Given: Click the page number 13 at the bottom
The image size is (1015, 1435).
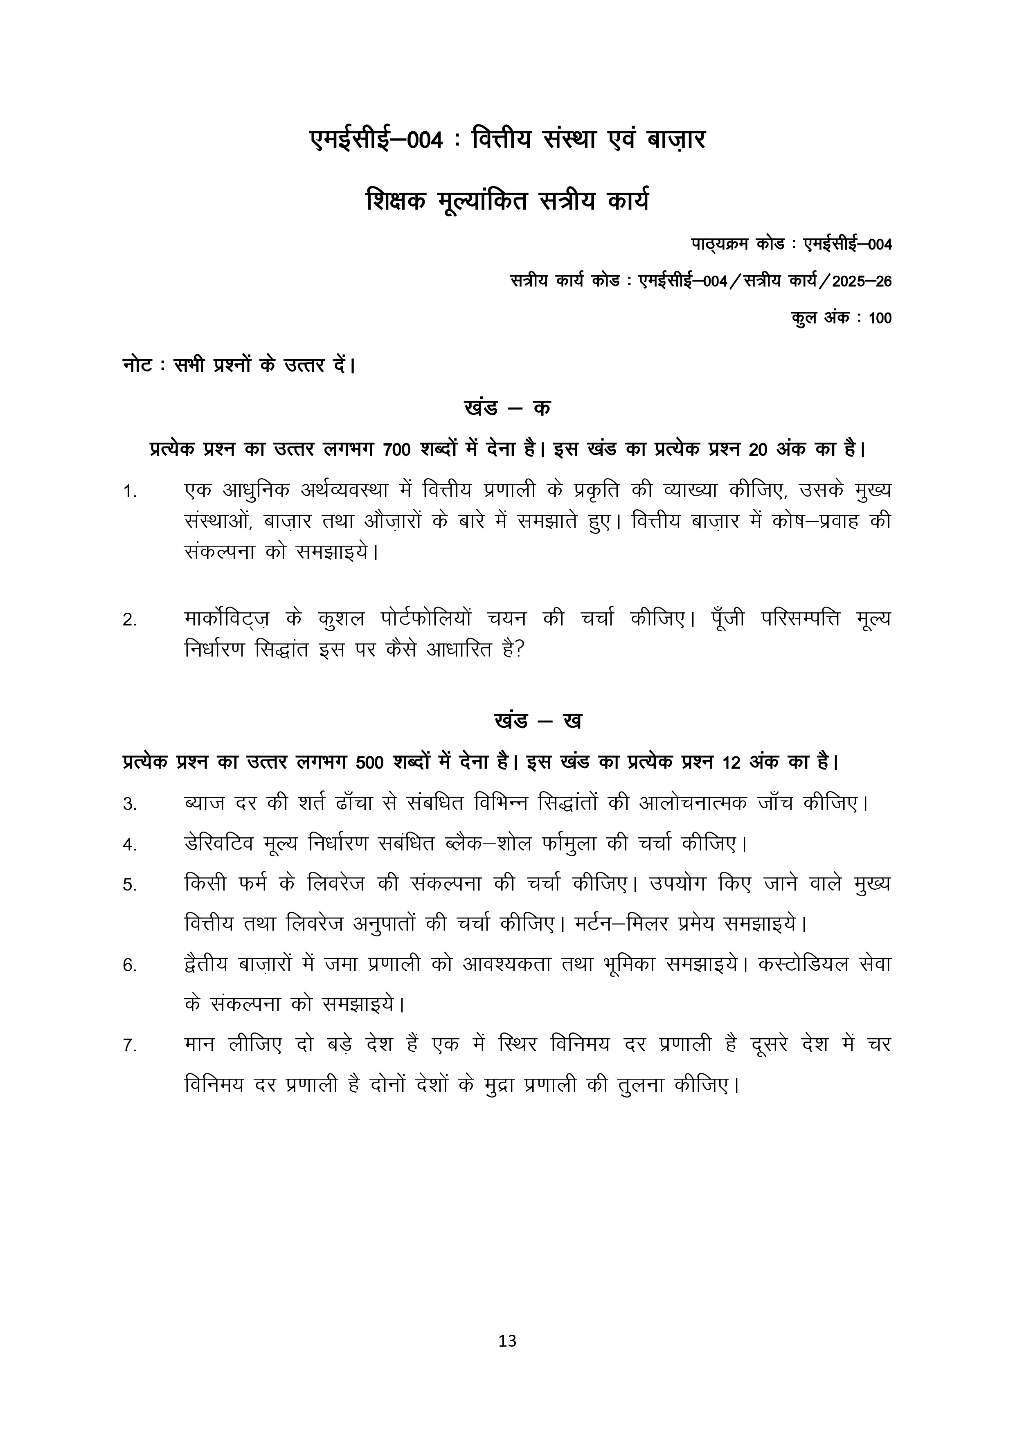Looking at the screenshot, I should tap(507, 1358).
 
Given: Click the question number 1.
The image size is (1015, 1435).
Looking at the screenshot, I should tap(129, 493).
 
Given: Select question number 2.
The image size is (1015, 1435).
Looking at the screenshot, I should tap(129, 621).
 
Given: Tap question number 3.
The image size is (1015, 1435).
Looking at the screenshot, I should tap(129, 804).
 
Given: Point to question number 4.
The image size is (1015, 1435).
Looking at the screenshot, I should tap(129, 845).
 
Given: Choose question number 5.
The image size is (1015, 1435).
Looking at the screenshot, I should tap(129, 885).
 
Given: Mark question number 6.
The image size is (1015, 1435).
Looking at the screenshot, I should tap(129, 966).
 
